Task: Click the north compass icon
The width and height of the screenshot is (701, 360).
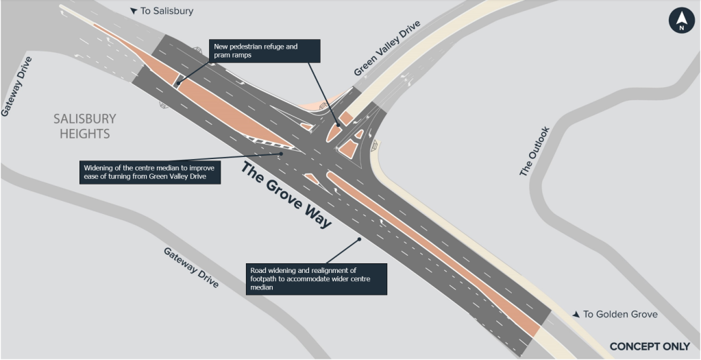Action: (681, 21)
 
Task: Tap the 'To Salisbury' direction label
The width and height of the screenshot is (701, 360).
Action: (162, 11)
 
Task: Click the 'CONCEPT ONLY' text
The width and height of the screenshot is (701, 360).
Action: (650, 346)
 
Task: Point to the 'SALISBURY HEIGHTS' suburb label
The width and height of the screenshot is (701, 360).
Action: (85, 126)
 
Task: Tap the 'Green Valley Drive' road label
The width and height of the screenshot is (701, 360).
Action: (388, 48)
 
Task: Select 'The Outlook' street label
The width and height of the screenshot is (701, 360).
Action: (534, 151)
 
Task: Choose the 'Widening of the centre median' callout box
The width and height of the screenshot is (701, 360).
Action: (150, 172)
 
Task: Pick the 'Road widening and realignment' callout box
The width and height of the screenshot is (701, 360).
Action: (316, 279)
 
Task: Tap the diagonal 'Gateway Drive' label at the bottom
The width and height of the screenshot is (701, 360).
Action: (191, 267)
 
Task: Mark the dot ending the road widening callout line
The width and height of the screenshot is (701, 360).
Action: (359, 239)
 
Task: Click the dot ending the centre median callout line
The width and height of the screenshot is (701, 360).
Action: (281, 154)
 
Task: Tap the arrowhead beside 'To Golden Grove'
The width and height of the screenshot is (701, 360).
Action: (576, 314)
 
